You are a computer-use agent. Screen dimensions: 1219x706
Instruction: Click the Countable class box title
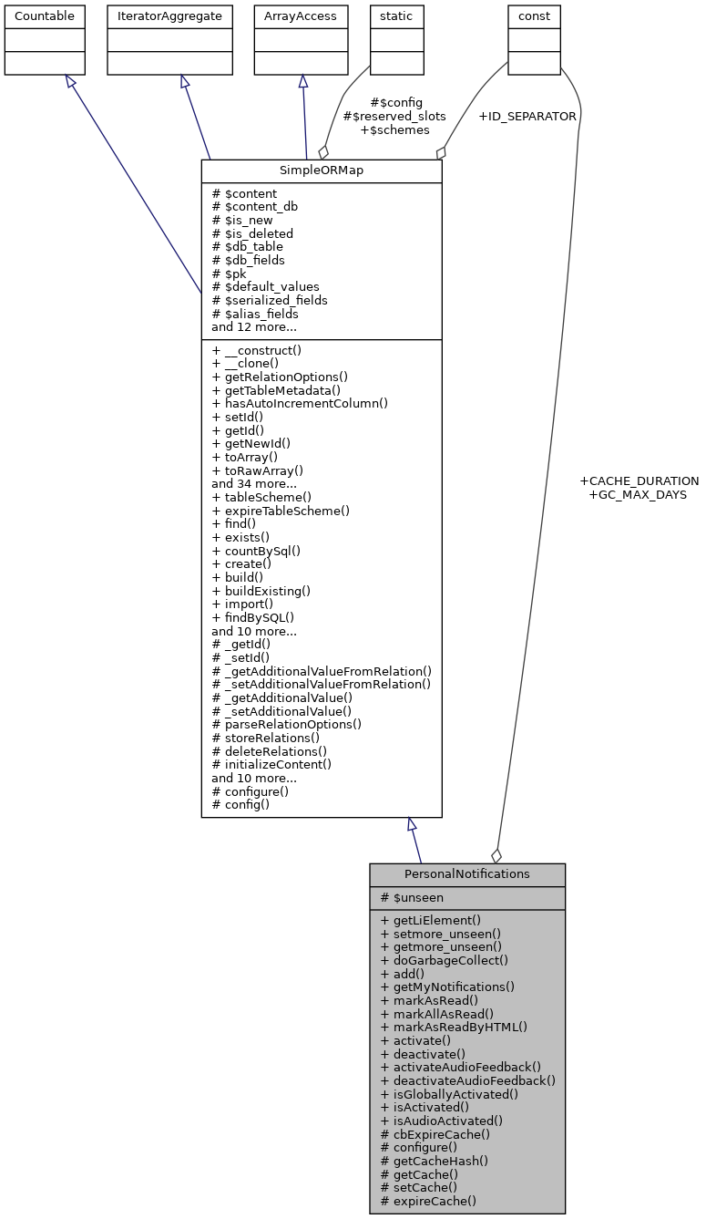[45, 16]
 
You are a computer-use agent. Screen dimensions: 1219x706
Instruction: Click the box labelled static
[396, 16]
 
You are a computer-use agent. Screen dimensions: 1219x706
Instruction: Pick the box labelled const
[534, 16]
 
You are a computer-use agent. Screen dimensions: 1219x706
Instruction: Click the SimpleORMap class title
[321, 171]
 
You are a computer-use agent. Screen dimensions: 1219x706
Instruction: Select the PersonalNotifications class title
[466, 873]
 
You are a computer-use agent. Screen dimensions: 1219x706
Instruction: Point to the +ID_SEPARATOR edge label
[527, 117]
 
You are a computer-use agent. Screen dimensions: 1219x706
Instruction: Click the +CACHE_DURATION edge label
[639, 480]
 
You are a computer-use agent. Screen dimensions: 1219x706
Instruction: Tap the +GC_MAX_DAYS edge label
[638, 494]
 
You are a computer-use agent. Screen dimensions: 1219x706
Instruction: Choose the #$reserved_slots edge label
[394, 116]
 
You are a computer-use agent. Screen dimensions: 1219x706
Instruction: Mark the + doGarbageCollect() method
[445, 960]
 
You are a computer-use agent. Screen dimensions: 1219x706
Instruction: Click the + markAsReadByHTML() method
[454, 1027]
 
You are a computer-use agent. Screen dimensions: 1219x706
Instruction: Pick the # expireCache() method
[428, 1201]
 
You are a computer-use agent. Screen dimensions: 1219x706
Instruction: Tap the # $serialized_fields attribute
[269, 300]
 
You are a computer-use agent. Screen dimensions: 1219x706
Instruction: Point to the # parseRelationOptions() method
[286, 725]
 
